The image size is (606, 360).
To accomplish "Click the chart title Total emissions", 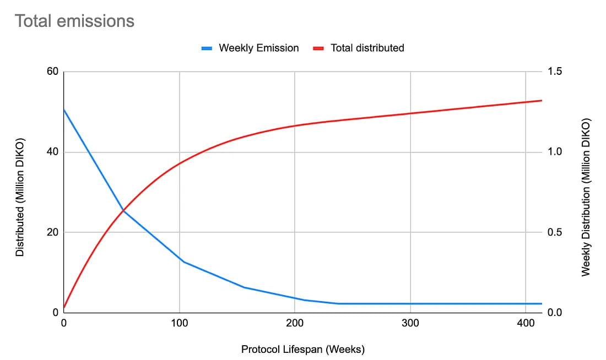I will [74, 21].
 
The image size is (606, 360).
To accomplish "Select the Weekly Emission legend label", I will [258, 48].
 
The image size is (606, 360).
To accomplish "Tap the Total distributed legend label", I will [367, 48].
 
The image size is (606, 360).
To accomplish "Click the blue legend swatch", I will [207, 48].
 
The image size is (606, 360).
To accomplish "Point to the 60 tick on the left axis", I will [52, 72].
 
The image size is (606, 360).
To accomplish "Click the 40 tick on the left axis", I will [52, 152].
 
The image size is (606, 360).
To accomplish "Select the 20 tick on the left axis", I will [52, 232].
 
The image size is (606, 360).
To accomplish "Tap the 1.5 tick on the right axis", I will [555, 72].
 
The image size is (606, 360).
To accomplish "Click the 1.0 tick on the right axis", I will [555, 152].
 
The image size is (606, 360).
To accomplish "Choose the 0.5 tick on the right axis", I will [555, 232].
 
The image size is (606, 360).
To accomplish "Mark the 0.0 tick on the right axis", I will [555, 313].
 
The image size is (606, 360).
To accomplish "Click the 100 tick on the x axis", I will [180, 324].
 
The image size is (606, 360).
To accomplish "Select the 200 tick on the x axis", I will [295, 324].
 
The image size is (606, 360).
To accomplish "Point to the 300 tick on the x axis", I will [410, 324].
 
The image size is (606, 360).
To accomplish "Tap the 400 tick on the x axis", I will [526, 324].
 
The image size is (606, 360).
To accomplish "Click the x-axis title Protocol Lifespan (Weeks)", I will [303, 349].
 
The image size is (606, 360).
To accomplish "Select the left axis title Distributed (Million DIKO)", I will [20, 192].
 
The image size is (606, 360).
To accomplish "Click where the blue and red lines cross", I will [123, 210].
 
